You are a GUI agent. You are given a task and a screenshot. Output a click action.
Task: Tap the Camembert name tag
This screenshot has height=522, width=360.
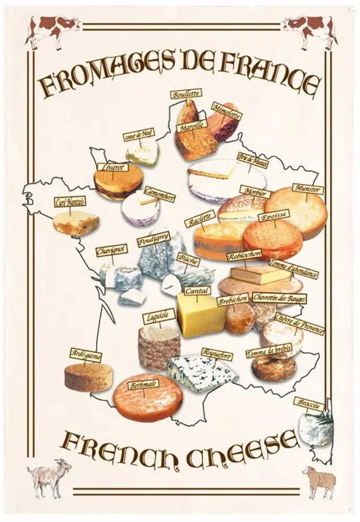click(x=159, y=195)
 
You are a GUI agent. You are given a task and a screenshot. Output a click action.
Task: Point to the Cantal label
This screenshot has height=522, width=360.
click(x=196, y=291)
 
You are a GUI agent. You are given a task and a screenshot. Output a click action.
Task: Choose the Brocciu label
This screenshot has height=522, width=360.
click(x=309, y=405)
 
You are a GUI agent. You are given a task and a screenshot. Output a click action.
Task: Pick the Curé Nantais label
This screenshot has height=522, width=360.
click(x=70, y=203)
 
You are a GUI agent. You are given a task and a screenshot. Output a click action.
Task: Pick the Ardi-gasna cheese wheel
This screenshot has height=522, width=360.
click(x=82, y=377)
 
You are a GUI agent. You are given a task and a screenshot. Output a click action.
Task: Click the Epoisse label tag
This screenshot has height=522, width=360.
click(x=274, y=216)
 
